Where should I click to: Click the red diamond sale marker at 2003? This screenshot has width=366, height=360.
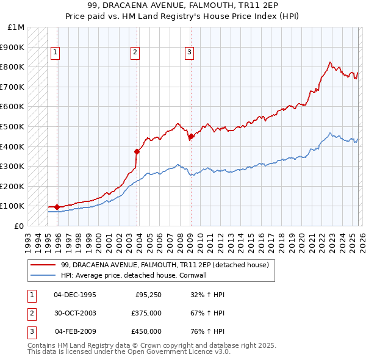click(x=137, y=151)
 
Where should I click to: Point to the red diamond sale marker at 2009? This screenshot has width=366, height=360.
click(x=191, y=137)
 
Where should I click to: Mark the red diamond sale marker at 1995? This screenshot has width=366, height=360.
click(x=57, y=207)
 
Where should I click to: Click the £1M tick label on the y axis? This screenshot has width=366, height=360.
click(x=16, y=27)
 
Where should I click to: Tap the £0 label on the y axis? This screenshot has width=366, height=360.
click(x=20, y=226)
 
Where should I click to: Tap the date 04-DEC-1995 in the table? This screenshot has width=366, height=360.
click(x=75, y=295)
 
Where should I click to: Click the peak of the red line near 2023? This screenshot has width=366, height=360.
click(x=330, y=62)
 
